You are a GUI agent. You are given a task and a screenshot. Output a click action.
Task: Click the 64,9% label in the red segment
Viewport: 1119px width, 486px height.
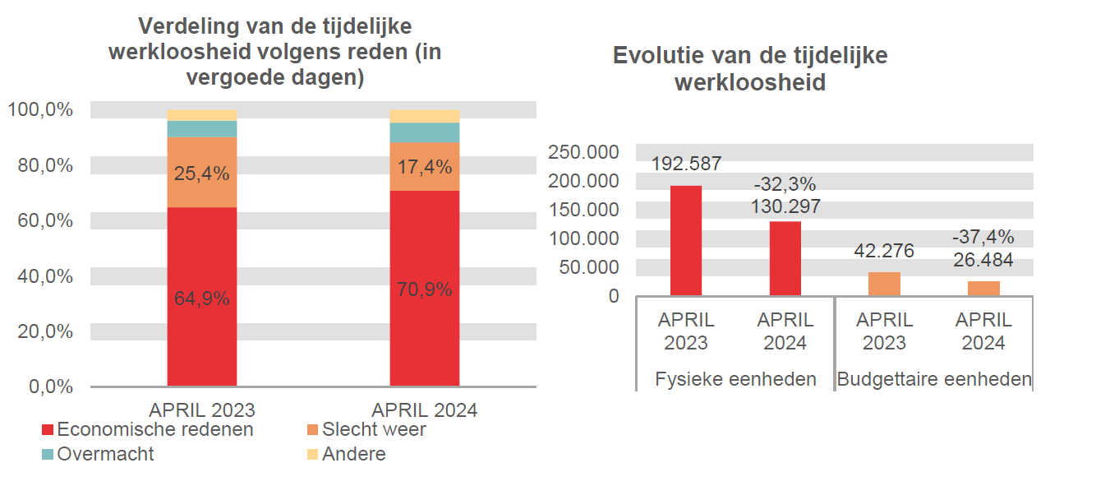pos(201,299)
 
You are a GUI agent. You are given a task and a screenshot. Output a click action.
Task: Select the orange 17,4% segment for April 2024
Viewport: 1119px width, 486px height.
pos(424,167)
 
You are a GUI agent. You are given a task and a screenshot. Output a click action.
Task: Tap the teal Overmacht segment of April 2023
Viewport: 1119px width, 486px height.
pos(201,129)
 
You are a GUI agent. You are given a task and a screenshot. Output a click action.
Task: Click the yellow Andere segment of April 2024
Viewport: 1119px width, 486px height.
pos(424,116)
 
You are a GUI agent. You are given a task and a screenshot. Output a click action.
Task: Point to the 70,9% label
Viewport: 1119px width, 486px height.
pos(424,289)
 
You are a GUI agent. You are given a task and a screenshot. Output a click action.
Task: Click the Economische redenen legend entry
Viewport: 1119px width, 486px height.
pos(147,429)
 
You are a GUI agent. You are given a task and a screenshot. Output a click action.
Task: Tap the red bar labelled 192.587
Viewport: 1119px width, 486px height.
pos(686,240)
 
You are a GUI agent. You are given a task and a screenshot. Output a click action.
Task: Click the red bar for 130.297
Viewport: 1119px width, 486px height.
pos(785,258)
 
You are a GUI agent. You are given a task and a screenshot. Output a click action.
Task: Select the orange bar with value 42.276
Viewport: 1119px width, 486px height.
pos(884,284)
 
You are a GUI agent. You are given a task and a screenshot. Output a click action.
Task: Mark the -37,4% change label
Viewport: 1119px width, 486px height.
pos(983,238)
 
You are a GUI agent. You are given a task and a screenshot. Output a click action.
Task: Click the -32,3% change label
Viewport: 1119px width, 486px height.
pos(785,184)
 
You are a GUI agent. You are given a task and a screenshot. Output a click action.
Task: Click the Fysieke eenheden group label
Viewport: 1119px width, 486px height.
pos(735,379)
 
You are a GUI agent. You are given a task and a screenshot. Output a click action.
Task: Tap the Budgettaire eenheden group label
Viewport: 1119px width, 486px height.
pos(934,379)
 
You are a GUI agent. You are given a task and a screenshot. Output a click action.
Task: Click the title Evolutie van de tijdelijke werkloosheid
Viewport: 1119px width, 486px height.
pos(749,69)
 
